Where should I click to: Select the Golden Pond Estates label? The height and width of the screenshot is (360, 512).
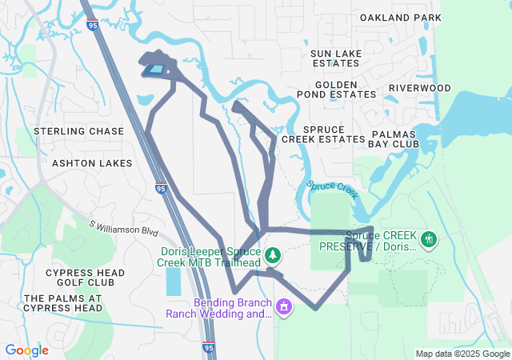click(x=336, y=89)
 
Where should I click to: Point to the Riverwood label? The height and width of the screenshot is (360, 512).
click(x=420, y=88)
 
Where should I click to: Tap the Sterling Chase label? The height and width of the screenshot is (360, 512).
click(x=78, y=131)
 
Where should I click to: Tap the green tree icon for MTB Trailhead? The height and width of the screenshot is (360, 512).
click(x=274, y=254)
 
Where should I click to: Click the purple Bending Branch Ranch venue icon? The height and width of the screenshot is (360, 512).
click(x=282, y=307)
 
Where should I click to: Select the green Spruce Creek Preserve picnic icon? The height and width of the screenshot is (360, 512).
click(x=429, y=238)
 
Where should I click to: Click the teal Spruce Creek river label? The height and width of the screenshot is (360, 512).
click(x=330, y=190)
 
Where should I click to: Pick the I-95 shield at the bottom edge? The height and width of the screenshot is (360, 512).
click(x=208, y=348)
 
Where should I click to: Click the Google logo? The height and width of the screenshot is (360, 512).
click(x=27, y=350)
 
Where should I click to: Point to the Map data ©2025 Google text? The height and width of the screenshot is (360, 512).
click(x=462, y=354)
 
